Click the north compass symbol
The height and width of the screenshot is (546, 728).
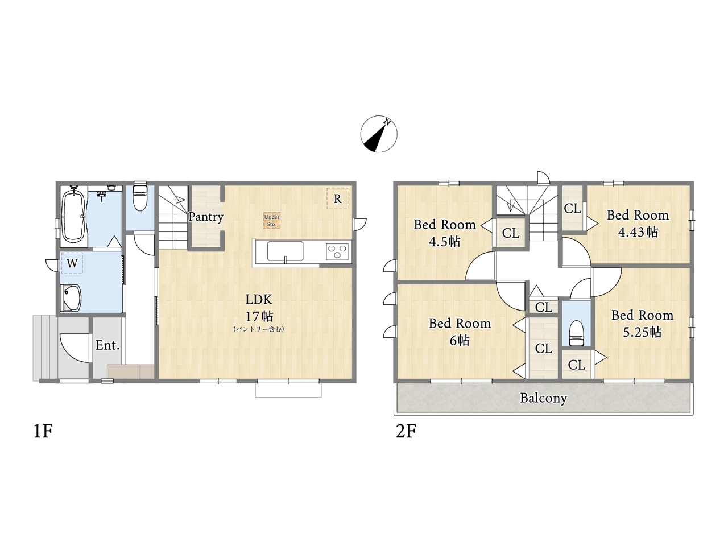(x=379, y=134)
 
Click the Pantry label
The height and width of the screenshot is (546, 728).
(x=206, y=217)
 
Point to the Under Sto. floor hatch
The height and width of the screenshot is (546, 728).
(x=272, y=221)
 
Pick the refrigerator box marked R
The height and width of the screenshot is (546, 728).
(x=337, y=198)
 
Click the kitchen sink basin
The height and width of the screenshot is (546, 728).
(x=286, y=251)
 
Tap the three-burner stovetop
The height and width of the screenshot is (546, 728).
(x=337, y=251)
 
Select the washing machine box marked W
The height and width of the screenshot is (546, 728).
(x=72, y=263)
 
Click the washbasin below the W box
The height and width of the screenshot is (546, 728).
(x=71, y=298)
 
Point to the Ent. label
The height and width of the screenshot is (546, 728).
(x=107, y=345)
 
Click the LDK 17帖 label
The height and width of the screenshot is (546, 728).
(x=259, y=308)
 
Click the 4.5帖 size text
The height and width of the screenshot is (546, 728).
(x=444, y=242)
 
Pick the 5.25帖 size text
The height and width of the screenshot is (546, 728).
(x=642, y=332)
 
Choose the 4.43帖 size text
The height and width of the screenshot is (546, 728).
(x=638, y=232)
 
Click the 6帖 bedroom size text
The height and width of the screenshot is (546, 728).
(x=460, y=341)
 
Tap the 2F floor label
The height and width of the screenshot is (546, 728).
(x=406, y=431)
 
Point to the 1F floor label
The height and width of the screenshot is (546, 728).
(x=43, y=431)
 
